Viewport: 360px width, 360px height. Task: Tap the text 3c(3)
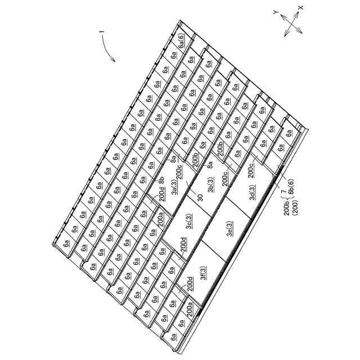click(188, 221)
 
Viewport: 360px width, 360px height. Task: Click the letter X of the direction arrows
click(300, 7)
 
